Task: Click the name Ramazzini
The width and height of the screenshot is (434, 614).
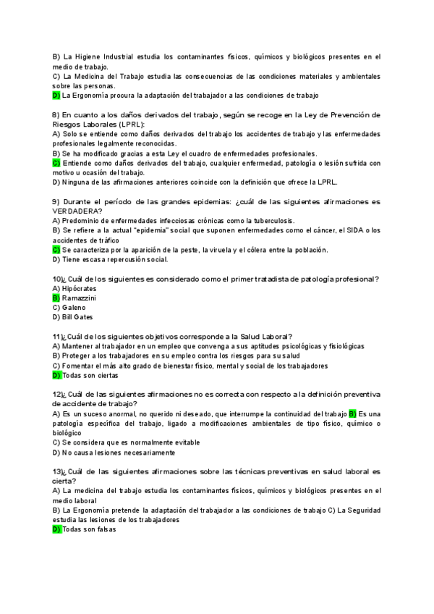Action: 79,298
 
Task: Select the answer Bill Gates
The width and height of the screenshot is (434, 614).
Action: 78,316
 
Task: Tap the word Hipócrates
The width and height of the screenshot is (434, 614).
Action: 80,288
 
